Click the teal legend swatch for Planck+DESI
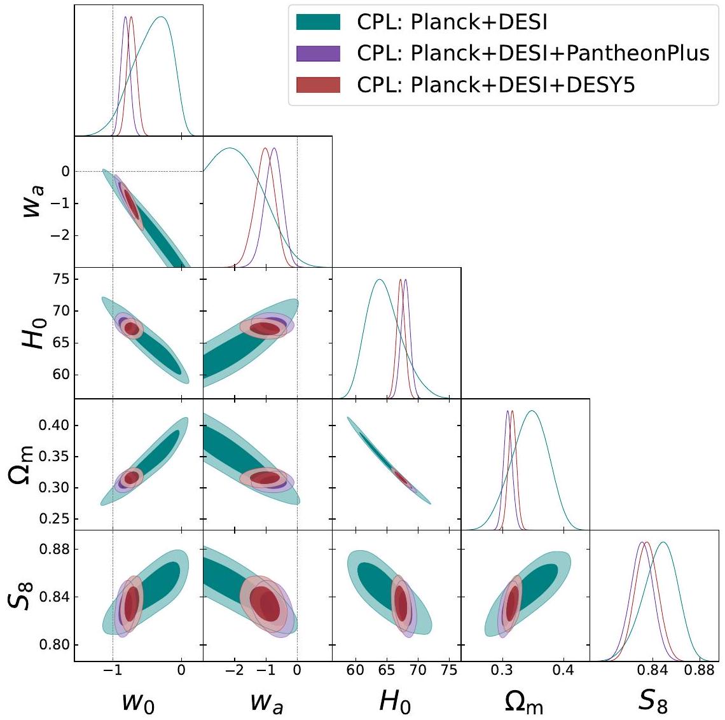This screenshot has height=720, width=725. coord(319,23)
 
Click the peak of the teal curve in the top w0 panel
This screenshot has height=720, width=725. coord(162,17)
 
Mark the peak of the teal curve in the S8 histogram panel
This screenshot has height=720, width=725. coord(663,543)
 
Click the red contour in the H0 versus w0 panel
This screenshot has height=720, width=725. coord(132,329)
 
